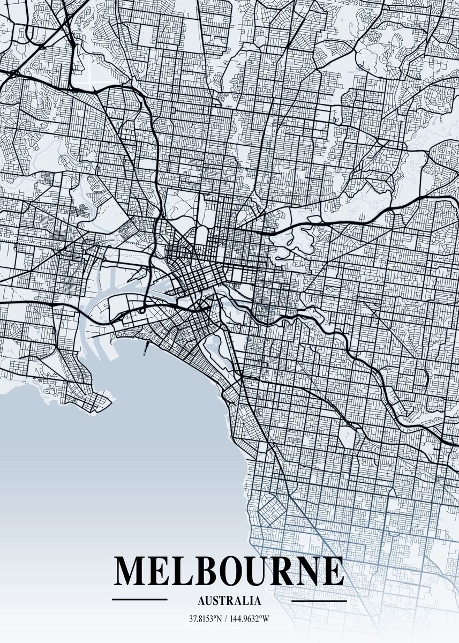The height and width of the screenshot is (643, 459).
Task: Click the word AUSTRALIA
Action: coord(230,601)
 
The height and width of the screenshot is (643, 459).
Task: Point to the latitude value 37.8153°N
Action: coord(206,619)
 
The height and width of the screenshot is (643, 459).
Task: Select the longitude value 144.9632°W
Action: coord(250,619)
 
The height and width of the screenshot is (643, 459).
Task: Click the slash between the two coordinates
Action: coord(227,619)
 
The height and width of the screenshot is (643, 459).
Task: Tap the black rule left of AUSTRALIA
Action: coord(140,599)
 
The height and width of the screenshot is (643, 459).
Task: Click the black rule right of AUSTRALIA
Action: coord(319,601)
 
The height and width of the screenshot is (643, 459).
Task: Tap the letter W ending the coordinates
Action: coord(266,619)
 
